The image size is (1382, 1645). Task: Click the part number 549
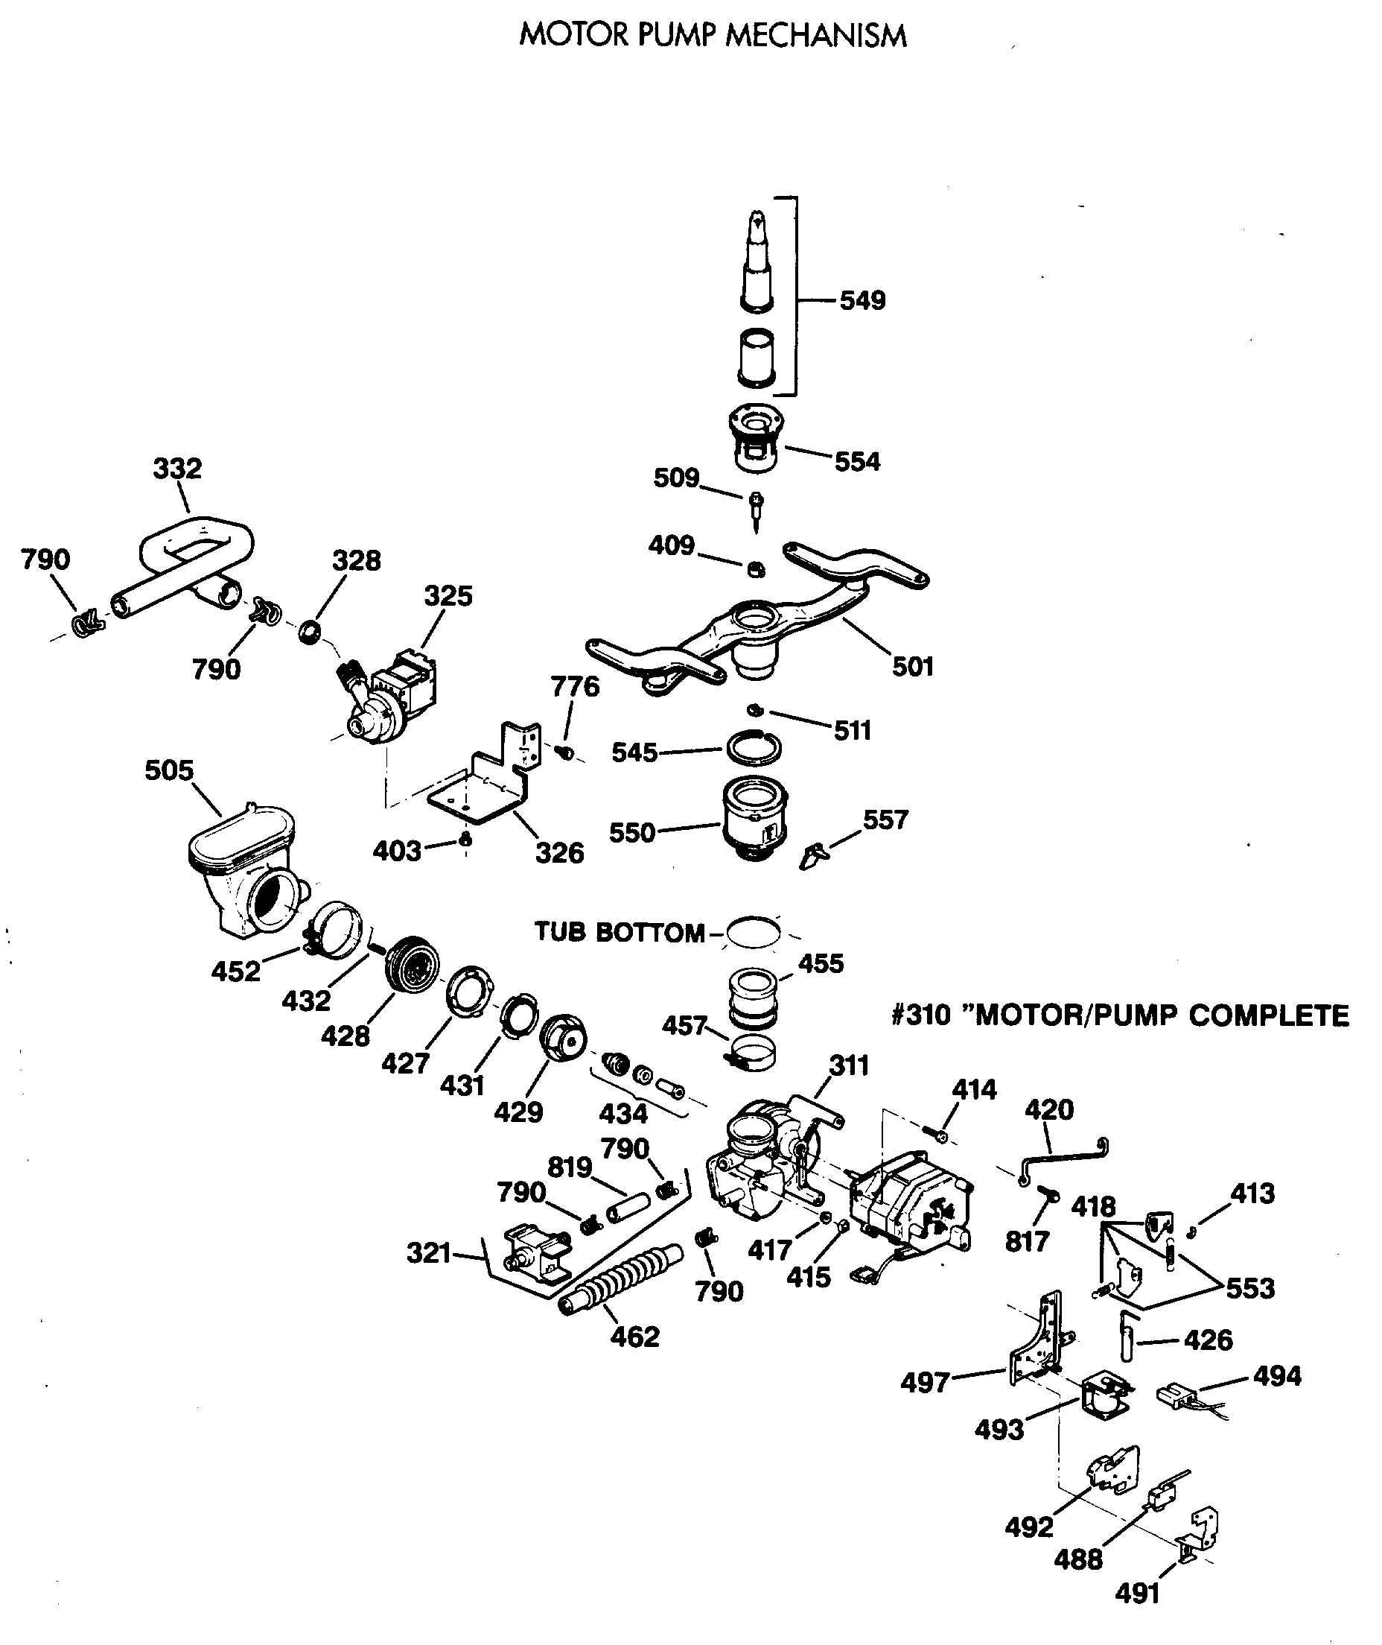[x=862, y=300]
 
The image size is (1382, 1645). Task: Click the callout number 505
[x=168, y=770]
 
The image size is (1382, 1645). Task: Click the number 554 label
[x=857, y=462]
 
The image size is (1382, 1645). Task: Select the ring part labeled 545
[x=753, y=747]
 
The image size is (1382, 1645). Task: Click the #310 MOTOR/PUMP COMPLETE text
[x=1120, y=1015]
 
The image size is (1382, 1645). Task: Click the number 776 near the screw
[x=575, y=686]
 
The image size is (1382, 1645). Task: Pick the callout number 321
[x=429, y=1253]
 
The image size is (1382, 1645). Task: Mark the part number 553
[x=1249, y=1287]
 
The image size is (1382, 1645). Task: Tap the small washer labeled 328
[x=311, y=631]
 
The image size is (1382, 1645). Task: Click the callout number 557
[x=885, y=820]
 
